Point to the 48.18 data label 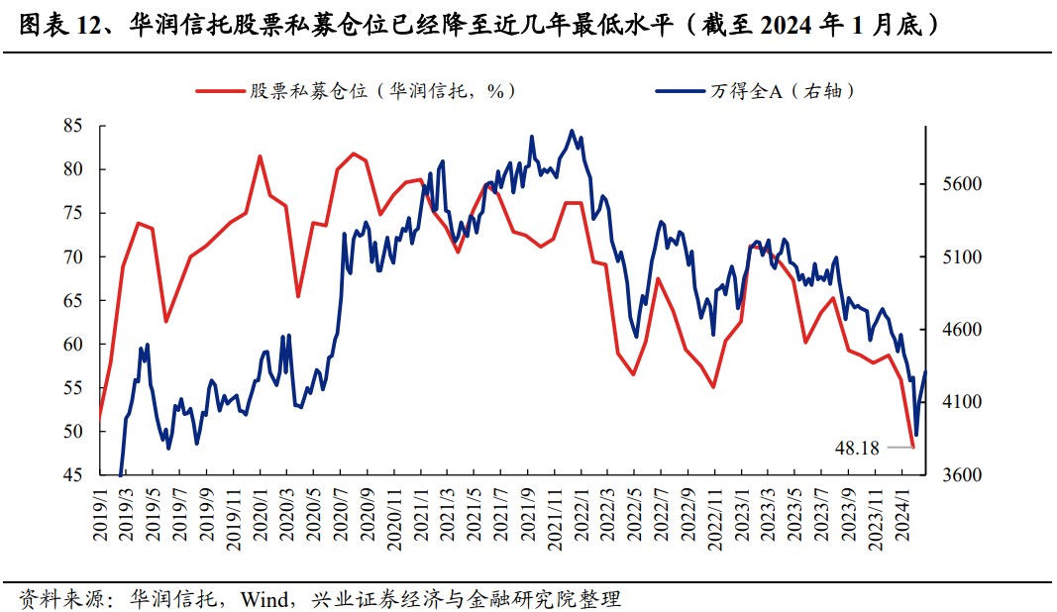pyautogui.click(x=857, y=448)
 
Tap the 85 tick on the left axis pyautogui.click(x=71, y=126)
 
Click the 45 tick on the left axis pyautogui.click(x=71, y=475)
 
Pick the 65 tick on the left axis pyautogui.click(x=71, y=301)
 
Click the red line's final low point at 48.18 pyautogui.click(x=912, y=447)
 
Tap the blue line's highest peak pyautogui.click(x=571, y=130)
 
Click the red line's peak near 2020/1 pyautogui.click(x=260, y=156)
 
